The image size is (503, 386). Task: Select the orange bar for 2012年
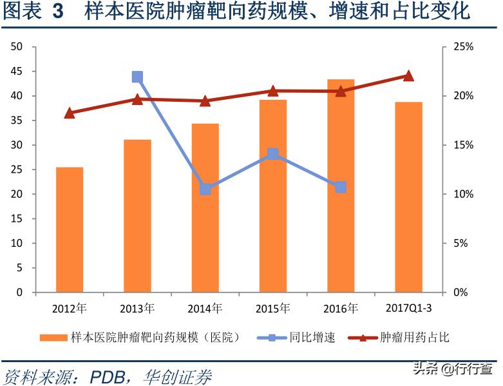(x=70, y=229)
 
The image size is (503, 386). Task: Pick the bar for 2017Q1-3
(x=408, y=197)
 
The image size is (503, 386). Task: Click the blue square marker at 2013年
(x=137, y=77)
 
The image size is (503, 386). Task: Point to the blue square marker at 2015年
(x=273, y=154)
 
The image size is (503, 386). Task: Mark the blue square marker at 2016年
(x=341, y=188)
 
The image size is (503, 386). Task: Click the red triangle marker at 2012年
(x=70, y=113)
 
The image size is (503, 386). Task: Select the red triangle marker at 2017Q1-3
(x=408, y=75)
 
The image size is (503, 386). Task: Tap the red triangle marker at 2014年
(x=205, y=101)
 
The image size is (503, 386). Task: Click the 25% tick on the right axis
(x=462, y=47)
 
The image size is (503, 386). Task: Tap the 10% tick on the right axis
(x=462, y=194)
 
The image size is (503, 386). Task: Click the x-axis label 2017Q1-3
(x=409, y=308)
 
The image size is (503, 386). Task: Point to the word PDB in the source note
(x=109, y=376)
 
